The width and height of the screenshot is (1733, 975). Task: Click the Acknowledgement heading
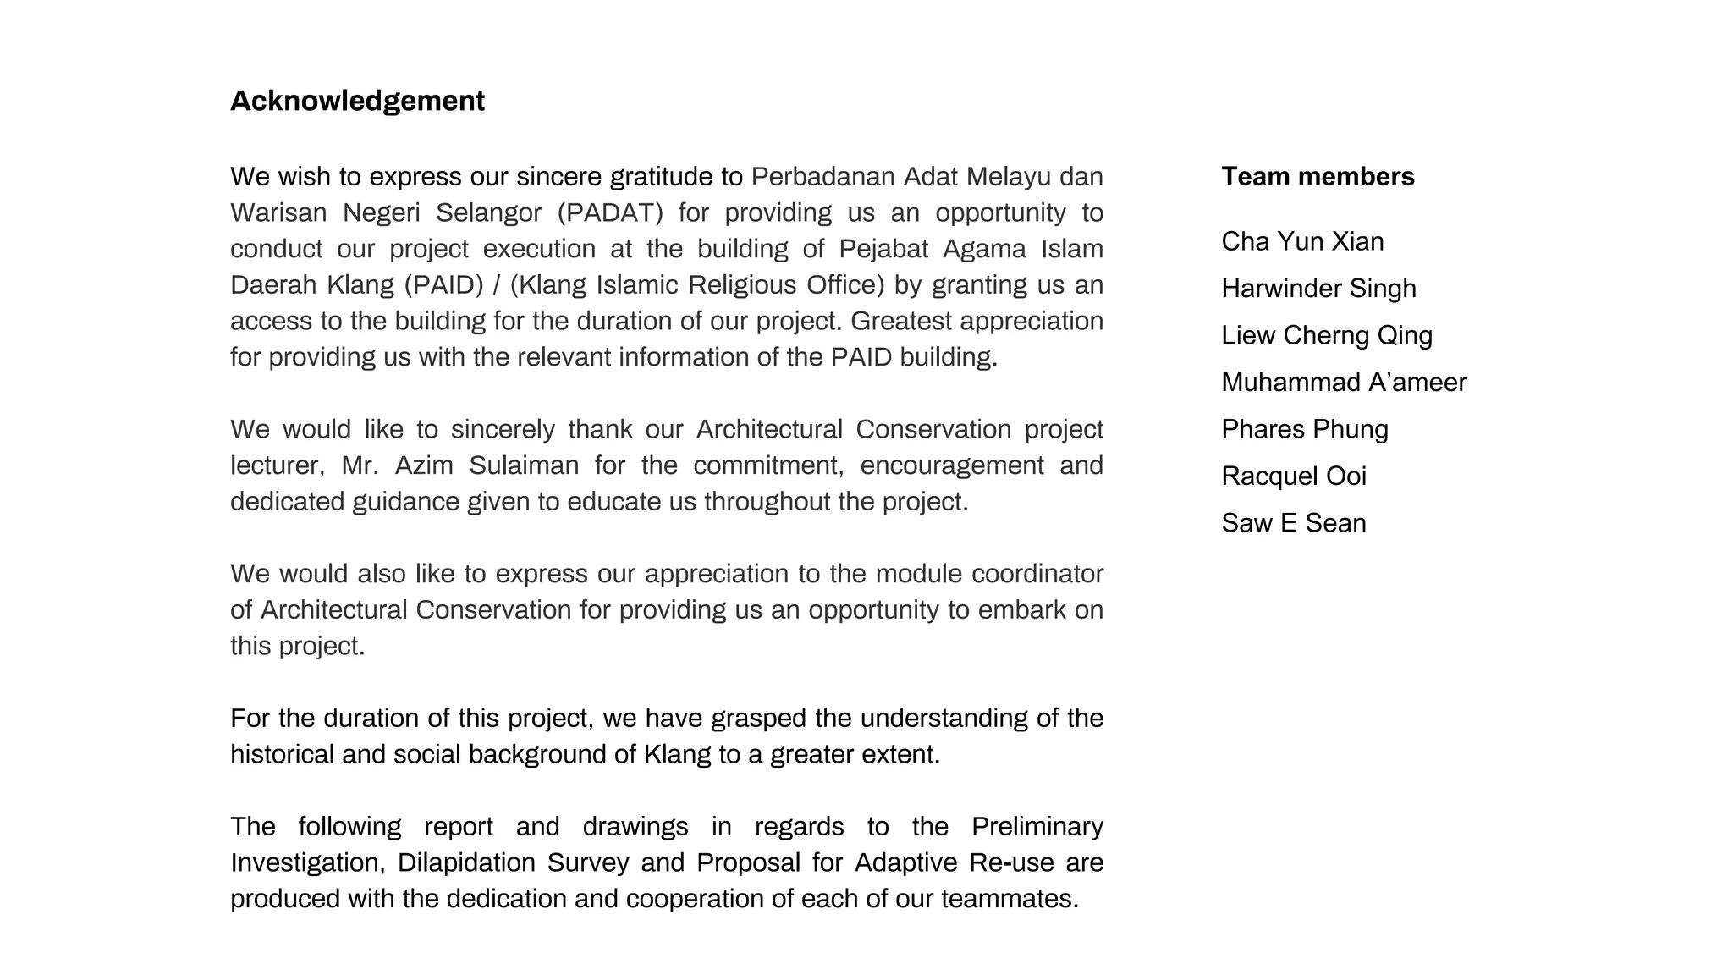coord(357,101)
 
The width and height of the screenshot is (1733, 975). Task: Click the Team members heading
coord(1318,176)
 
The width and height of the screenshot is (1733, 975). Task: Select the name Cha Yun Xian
coord(1302,241)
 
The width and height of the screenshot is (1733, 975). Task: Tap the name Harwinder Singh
coord(1318,289)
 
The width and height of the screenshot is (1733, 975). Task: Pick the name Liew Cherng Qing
coord(1326,335)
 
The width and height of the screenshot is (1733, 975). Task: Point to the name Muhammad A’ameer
coord(1344,383)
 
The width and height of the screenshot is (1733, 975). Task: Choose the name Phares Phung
coord(1304,429)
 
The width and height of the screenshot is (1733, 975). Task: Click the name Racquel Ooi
coord(1293,476)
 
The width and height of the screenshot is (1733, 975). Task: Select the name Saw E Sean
coord(1293,523)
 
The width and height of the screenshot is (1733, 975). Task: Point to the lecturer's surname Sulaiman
coord(524,465)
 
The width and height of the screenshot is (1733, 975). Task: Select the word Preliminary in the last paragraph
coord(1037,826)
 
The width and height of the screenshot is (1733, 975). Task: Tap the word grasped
coord(758,719)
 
